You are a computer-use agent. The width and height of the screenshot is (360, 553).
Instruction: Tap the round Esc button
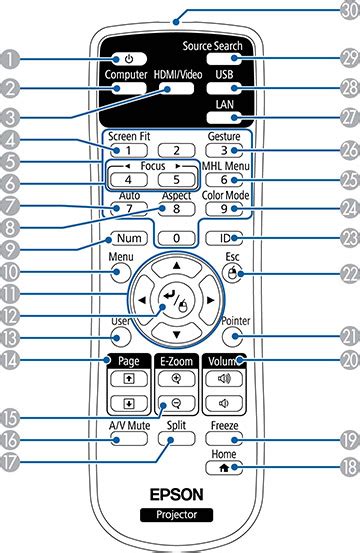(232, 270)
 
